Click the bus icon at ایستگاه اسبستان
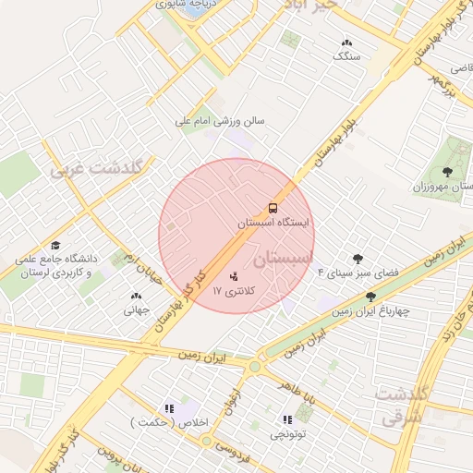(273, 208)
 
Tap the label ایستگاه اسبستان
(273, 224)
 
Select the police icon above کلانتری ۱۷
(234, 275)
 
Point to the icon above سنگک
(346, 42)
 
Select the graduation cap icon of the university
(55, 246)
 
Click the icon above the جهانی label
(137, 297)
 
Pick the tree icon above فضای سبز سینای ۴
(358, 259)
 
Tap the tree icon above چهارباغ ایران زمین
(370, 297)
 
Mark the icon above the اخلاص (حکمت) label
(168, 407)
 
